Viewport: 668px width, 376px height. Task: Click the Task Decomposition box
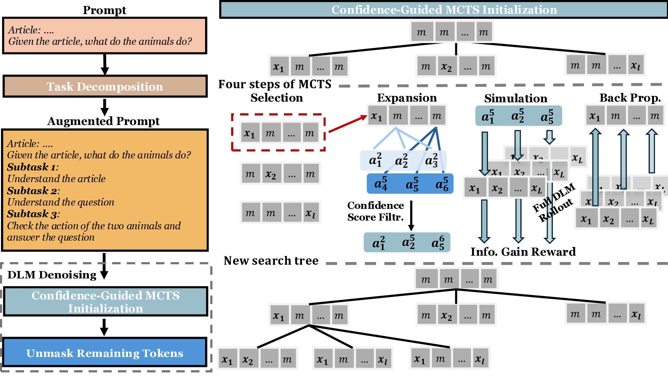point(105,87)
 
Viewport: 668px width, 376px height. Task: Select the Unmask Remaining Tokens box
point(105,353)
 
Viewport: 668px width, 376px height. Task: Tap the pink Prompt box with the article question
point(105,36)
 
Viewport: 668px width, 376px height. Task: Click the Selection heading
point(277,98)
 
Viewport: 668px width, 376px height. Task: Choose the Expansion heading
point(407,98)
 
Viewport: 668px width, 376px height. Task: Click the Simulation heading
point(516,98)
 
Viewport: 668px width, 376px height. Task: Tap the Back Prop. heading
point(630,98)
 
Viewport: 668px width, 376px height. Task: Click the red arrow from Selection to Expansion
point(347,124)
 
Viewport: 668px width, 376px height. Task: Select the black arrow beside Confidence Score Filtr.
point(411,216)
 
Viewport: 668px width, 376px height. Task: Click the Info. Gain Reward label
point(523,252)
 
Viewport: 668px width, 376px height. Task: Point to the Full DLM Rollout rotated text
point(554,202)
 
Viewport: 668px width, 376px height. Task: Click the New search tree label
point(271,261)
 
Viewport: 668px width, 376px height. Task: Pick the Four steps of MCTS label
point(275,84)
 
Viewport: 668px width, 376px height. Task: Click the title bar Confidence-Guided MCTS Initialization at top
point(444,10)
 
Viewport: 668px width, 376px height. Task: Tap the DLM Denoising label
point(52,275)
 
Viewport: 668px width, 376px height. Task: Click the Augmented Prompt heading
point(104,121)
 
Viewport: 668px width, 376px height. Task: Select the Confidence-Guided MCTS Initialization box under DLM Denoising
point(106,302)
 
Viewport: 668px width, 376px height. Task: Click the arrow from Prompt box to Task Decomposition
point(105,64)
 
